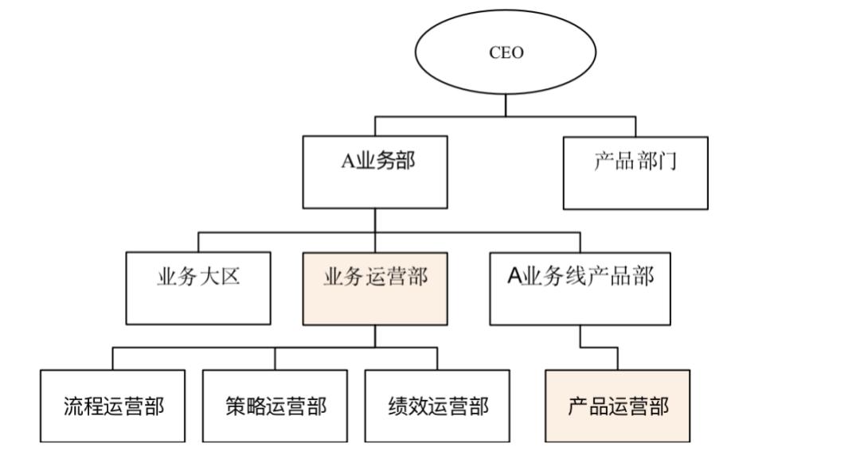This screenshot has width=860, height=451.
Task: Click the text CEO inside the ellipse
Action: (x=506, y=54)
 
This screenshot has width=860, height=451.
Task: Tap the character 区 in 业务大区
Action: (x=230, y=278)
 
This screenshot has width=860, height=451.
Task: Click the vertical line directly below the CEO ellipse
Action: (x=506, y=105)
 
